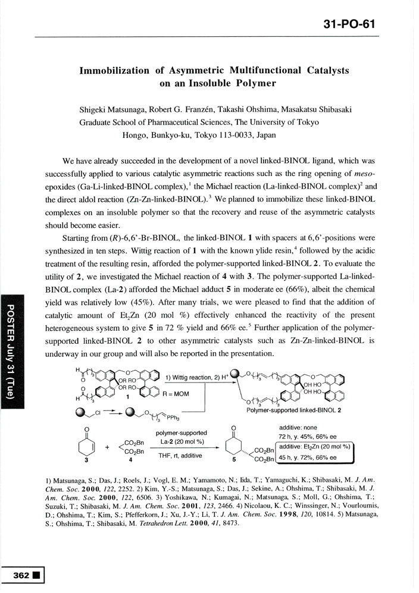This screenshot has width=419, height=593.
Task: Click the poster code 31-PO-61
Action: coord(351,24)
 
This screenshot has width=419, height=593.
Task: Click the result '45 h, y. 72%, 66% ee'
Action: coord(309,457)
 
